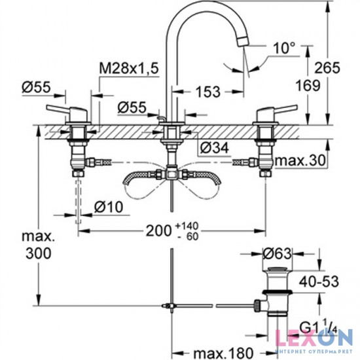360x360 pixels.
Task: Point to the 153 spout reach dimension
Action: pos(209,91)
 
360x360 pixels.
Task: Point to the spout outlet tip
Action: pos(243,41)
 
